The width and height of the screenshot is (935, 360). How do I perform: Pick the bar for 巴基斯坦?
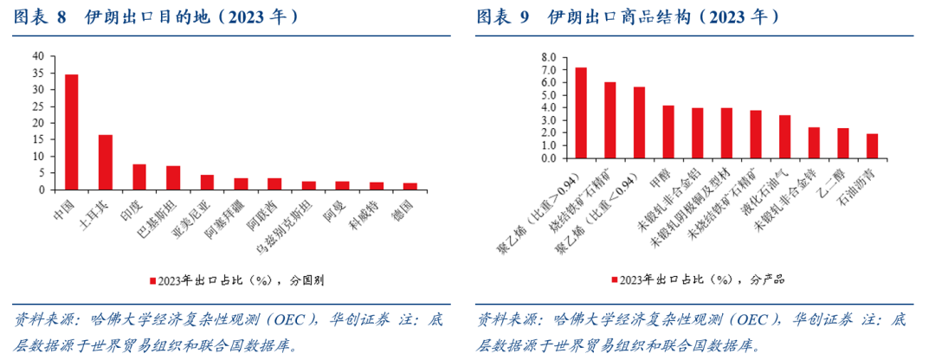coord(173,178)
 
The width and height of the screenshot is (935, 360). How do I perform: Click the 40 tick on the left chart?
coord(38,55)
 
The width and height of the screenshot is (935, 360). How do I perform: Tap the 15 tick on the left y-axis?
coord(38,139)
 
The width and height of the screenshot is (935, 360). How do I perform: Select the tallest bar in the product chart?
coord(581,113)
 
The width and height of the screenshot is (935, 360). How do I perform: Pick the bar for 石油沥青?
coord(872,146)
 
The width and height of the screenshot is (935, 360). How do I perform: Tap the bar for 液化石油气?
coord(784,137)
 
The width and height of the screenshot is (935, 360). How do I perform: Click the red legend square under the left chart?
coord(152,280)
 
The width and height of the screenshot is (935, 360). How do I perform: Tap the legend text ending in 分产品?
coord(706,280)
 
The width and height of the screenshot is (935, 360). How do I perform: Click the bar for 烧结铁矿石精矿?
coord(610,120)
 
